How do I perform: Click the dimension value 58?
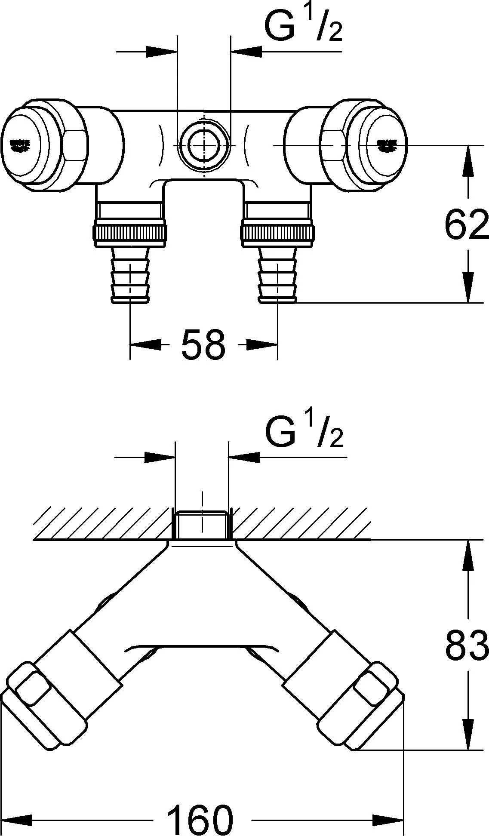(203, 344)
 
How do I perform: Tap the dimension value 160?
(200, 820)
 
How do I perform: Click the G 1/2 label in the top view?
(303, 27)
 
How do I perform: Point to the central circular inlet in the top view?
(203, 146)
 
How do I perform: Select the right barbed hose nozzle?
(277, 275)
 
